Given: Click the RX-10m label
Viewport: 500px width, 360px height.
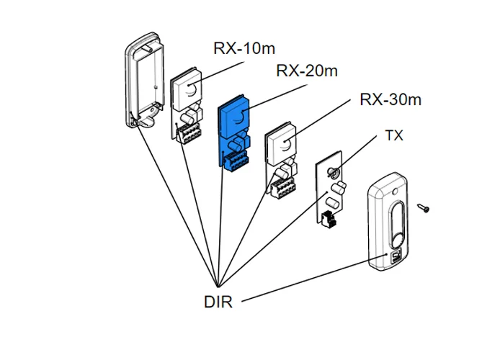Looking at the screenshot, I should click(244, 48).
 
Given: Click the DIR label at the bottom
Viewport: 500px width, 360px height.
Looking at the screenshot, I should click(218, 302).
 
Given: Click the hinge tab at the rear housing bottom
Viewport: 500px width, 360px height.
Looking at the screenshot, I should click(142, 122).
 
